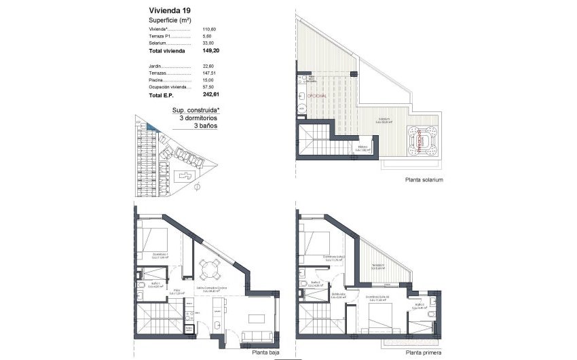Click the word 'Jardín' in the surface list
tap(155, 65)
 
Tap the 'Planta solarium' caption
tap(424, 180)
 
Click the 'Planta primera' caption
tap(424, 353)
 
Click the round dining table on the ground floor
tap(210, 270)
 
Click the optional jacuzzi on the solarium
tap(421, 141)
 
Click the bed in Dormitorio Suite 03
tap(377, 320)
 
